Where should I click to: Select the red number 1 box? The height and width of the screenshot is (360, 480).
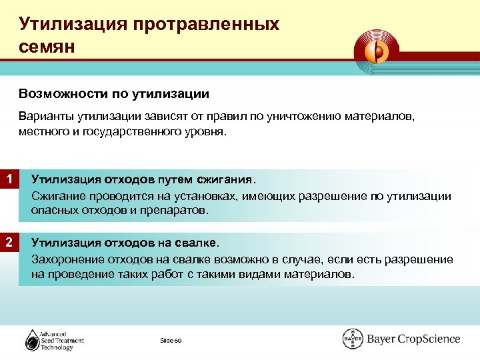click(9, 179)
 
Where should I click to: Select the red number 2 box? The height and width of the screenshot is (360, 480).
click(9, 242)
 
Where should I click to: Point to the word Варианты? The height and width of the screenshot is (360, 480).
click(44, 117)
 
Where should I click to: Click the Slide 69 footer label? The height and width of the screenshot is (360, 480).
click(171, 341)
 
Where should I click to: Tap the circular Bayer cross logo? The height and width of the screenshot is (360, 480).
click(353, 339)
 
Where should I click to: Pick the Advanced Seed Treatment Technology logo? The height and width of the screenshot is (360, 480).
click(55, 339)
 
